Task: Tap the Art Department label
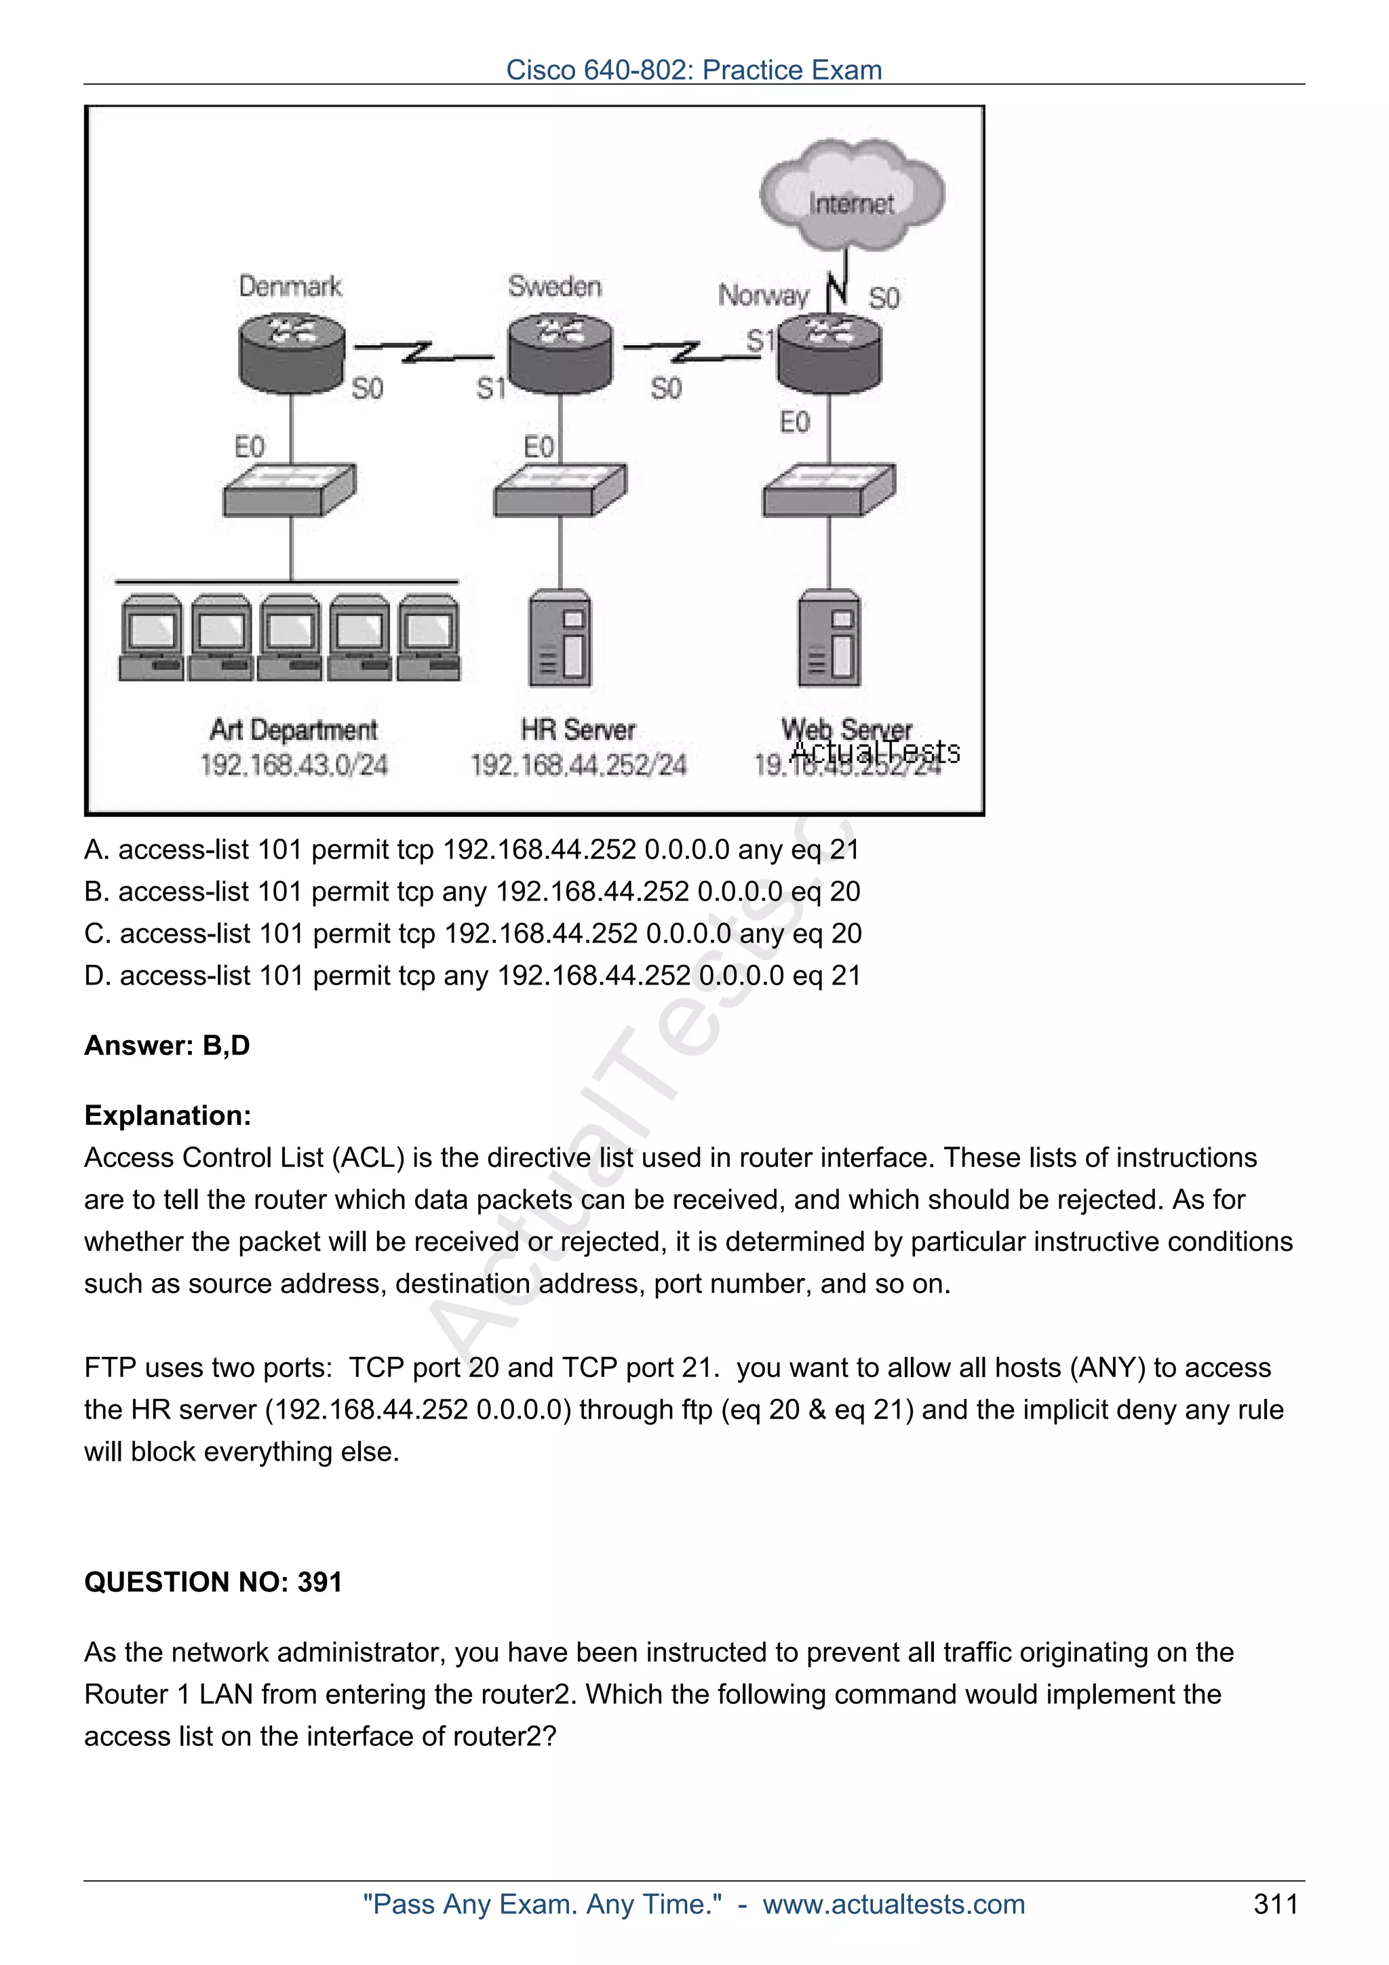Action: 293,730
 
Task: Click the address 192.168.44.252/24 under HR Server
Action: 579,765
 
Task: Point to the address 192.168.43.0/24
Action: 294,765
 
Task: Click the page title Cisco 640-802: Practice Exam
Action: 694,69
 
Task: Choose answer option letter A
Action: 95,850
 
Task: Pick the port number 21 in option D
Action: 846,976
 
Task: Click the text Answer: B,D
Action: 167,1046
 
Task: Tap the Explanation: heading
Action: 168,1116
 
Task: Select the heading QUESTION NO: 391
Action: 213,1583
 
